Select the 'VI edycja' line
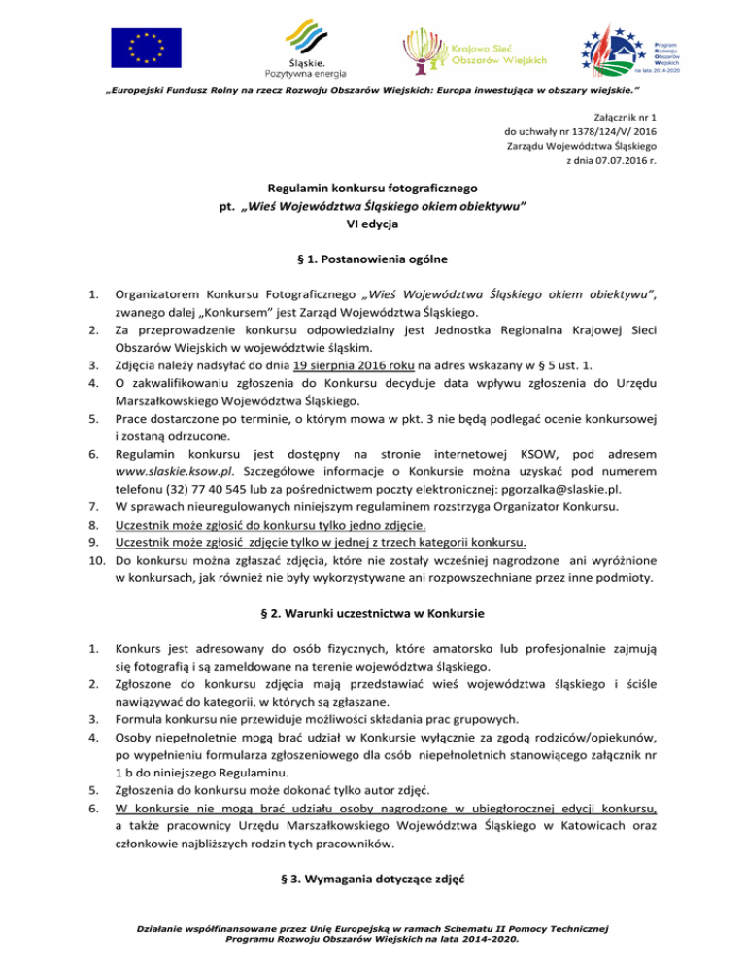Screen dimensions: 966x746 [x=373, y=224]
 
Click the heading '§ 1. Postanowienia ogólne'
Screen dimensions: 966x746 [x=373, y=260]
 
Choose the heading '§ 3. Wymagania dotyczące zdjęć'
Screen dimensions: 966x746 [x=373, y=882]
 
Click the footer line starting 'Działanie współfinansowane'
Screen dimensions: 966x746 [x=373, y=935]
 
